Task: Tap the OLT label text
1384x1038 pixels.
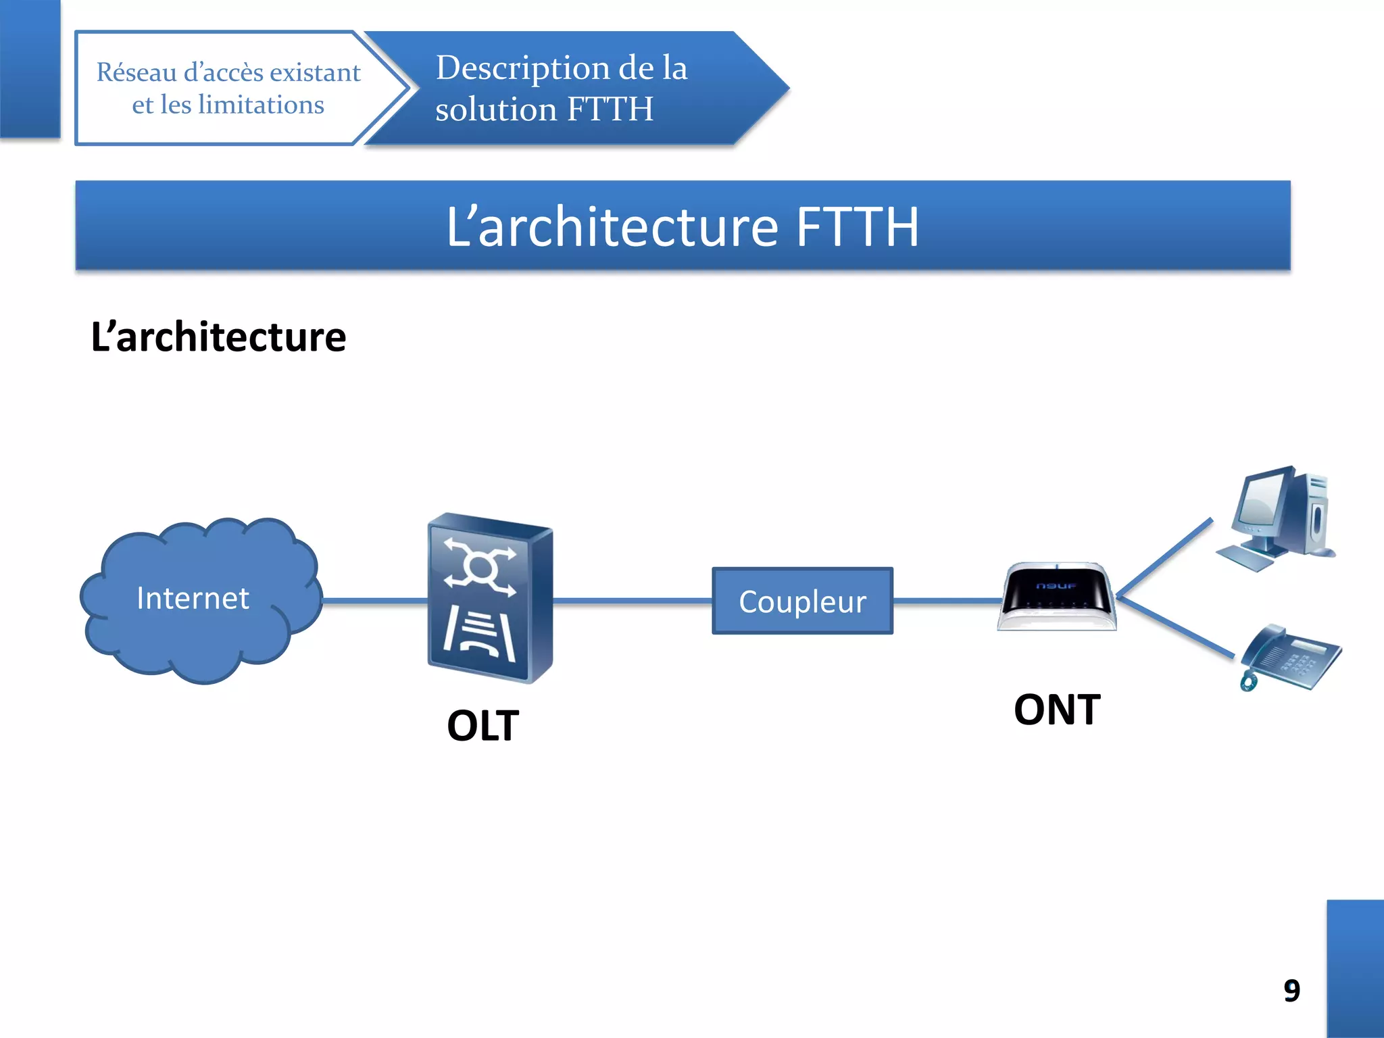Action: coord(483,726)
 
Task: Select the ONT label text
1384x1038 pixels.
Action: coord(1057,710)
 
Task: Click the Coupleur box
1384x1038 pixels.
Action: coord(802,601)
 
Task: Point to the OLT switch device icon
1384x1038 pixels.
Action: coord(490,598)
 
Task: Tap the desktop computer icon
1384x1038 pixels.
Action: coord(1277,517)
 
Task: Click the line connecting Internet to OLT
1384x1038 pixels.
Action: coord(375,600)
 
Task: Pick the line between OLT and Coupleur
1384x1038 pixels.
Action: coord(632,600)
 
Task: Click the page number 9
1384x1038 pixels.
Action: coord(1291,991)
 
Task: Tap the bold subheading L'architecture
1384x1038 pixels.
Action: coord(218,337)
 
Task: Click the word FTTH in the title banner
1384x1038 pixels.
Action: coord(857,226)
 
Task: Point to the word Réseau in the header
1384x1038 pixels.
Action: coord(136,72)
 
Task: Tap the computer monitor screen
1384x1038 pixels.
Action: coord(1260,503)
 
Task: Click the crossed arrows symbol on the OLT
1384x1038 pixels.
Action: coord(480,566)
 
